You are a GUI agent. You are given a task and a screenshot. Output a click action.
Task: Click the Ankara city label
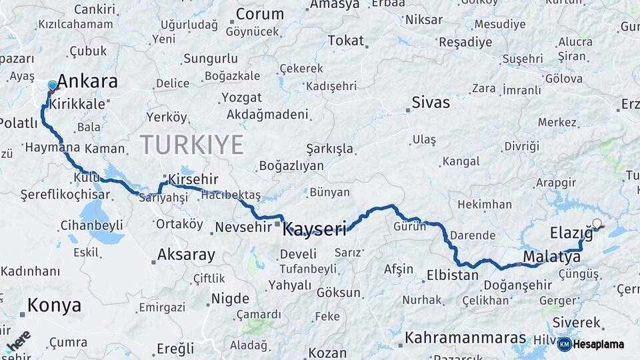(87, 82)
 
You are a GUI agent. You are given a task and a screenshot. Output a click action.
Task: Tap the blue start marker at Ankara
(53, 86)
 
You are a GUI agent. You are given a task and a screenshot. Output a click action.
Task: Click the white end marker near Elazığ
(597, 224)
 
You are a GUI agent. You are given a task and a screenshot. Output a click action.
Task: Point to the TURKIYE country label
(191, 144)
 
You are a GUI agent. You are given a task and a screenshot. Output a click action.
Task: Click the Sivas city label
(431, 103)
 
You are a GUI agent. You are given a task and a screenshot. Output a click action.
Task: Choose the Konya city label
(55, 305)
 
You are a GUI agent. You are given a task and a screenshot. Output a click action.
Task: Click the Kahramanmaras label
(465, 338)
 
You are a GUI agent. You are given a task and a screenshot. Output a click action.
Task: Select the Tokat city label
(345, 41)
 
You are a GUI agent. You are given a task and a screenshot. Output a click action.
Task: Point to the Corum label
(259, 14)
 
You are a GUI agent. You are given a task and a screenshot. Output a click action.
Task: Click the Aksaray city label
(186, 255)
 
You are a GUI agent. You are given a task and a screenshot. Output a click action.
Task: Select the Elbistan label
(453, 275)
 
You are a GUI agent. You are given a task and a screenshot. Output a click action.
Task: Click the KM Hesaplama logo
(591, 344)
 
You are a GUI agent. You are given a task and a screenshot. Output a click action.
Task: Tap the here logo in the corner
(18, 341)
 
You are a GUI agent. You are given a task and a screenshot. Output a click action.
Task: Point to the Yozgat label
(241, 97)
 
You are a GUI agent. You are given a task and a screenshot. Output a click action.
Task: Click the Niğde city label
(230, 299)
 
